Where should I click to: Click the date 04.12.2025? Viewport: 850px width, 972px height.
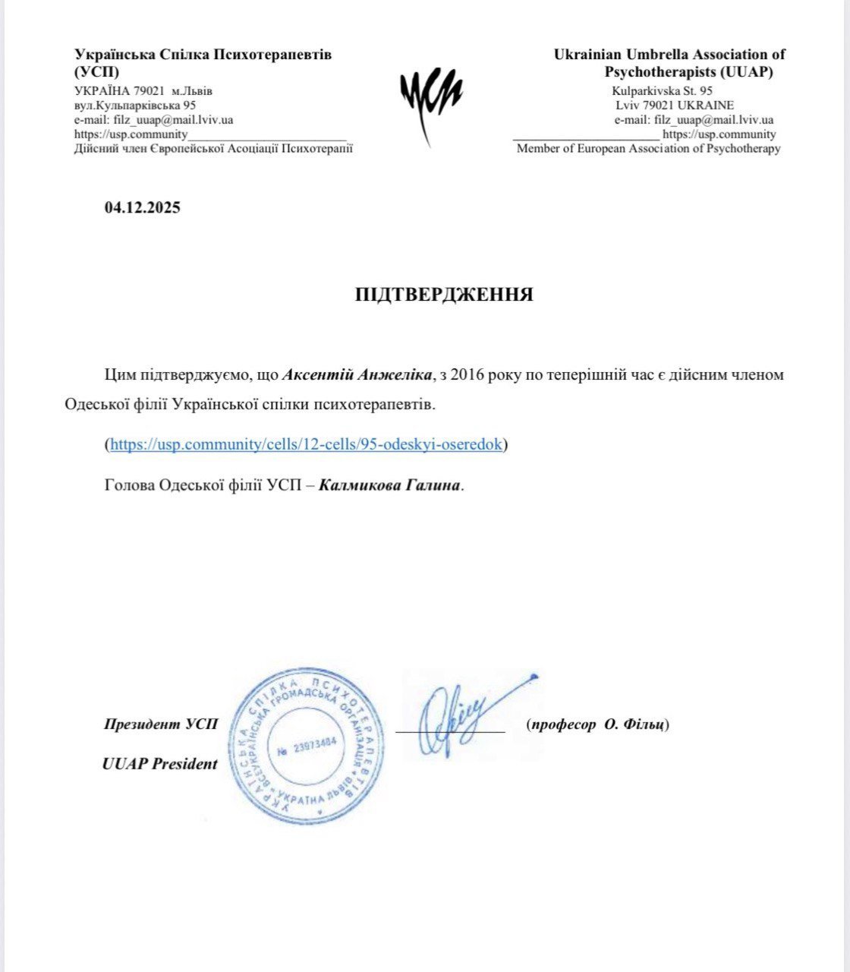(143, 207)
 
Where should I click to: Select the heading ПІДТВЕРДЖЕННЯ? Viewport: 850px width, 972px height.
(444, 295)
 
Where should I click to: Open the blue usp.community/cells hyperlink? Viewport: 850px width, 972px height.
(306, 444)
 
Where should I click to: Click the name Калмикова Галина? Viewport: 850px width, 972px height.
(389, 485)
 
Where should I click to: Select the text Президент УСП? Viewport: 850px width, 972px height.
(161, 724)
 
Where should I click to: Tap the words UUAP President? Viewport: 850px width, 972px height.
(160, 765)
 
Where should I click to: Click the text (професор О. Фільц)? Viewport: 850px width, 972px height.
(597, 724)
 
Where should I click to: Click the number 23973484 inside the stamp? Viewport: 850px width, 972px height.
(307, 747)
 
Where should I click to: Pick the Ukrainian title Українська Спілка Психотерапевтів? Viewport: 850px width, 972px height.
(203, 55)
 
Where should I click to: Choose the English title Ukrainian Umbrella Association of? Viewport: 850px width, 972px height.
(669, 55)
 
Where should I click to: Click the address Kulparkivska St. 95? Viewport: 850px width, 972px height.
(662, 91)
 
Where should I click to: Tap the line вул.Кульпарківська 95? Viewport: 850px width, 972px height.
(134, 106)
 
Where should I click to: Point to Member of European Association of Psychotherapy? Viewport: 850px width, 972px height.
(648, 149)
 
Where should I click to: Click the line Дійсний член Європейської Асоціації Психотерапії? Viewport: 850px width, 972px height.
(213, 149)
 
